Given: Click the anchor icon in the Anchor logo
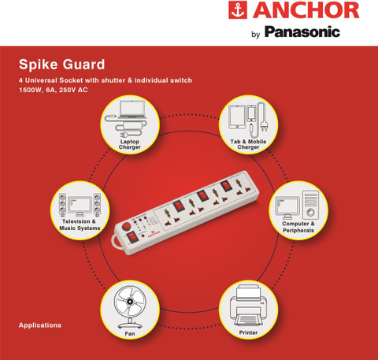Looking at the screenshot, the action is [x=238, y=10].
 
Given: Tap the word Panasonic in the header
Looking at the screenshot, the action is [x=302, y=32].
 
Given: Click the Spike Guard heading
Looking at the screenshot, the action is [x=62, y=65].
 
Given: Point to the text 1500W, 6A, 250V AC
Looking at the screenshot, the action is [x=54, y=90].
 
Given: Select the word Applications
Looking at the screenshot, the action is [x=40, y=325].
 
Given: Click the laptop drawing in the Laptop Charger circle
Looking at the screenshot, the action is [x=132, y=109].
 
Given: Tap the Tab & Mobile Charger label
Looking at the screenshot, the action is [x=248, y=144].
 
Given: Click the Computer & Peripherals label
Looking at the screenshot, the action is [x=298, y=227].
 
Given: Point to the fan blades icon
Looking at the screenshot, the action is [x=130, y=302].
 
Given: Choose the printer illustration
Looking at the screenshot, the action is [x=249, y=306].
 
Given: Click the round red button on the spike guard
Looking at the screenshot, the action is [x=127, y=226].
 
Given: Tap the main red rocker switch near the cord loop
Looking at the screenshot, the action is [x=133, y=237].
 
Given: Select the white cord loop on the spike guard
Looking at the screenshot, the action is [x=115, y=242].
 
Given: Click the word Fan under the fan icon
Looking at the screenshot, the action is [x=130, y=333].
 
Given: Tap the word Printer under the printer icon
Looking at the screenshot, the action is [x=248, y=332].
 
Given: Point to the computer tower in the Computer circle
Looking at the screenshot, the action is [x=310, y=205].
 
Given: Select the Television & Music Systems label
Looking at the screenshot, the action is [x=80, y=225].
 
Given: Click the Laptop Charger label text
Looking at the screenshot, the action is [x=130, y=144].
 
